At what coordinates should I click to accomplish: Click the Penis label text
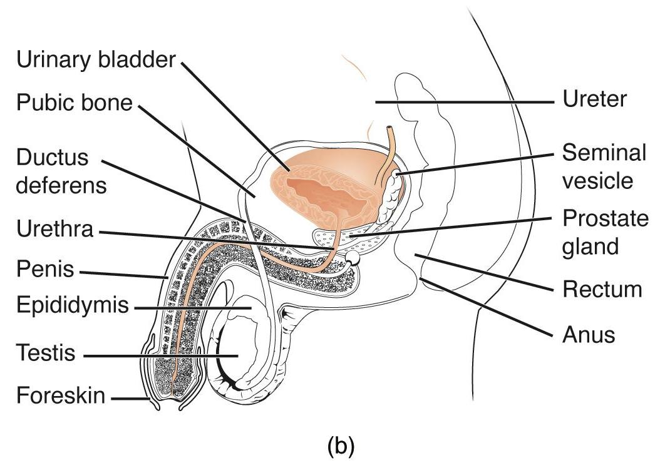pos(44,271)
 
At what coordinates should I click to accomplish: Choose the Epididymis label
pos(72,307)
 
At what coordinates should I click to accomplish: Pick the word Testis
pos(46,353)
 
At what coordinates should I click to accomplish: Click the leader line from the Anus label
pos(488,307)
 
